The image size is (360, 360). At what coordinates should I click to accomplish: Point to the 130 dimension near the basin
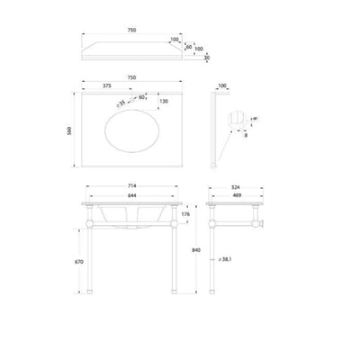click(x=165, y=101)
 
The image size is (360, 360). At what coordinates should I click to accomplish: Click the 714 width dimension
click(x=132, y=188)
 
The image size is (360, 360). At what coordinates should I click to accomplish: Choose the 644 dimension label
click(x=132, y=195)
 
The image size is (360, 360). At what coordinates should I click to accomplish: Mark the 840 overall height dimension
click(x=197, y=250)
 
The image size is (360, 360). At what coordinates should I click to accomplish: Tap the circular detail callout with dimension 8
click(x=238, y=120)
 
